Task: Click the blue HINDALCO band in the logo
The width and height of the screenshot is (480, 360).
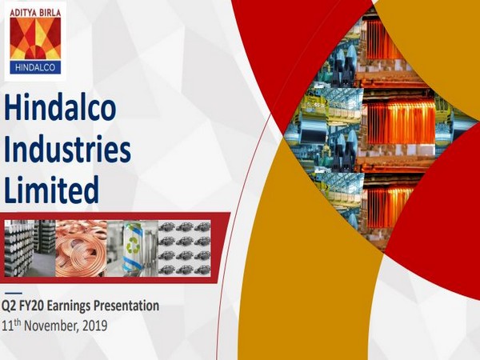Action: [x=35, y=68]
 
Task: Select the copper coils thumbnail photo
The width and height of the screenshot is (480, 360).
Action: [x=81, y=247]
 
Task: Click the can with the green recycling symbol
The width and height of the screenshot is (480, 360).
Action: [x=133, y=247]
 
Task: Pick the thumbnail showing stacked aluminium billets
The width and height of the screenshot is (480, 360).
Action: [x=30, y=247]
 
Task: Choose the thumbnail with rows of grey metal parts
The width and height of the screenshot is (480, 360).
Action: [x=184, y=247]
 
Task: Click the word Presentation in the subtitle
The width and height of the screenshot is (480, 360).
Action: [x=130, y=306]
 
